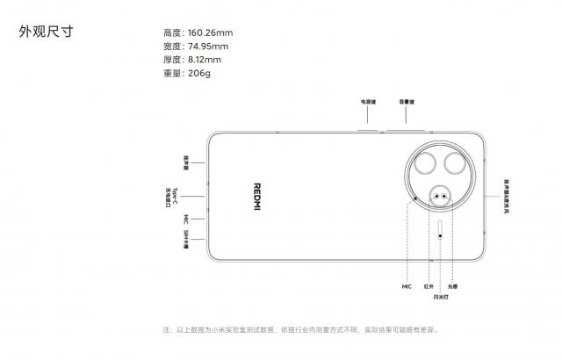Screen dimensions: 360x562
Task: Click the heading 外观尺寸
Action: tap(47, 32)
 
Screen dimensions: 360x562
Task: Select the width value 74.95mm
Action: tap(207, 46)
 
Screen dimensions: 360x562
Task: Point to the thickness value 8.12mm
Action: tap(205, 59)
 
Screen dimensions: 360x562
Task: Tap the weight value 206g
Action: tap(198, 73)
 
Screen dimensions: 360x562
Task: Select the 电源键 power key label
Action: tap(367, 103)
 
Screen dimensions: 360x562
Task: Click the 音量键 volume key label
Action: tap(407, 103)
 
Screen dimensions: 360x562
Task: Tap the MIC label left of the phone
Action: tap(185, 219)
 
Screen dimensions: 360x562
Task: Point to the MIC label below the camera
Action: tap(407, 286)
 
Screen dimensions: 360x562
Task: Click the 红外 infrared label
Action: tap(429, 286)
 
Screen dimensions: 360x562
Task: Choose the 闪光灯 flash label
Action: tap(439, 298)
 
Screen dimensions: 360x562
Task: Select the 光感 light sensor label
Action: tap(452, 286)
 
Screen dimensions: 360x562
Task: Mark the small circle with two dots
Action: tap(438, 196)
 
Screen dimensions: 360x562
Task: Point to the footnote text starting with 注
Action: tap(299, 330)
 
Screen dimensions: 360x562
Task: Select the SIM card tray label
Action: tap(186, 239)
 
